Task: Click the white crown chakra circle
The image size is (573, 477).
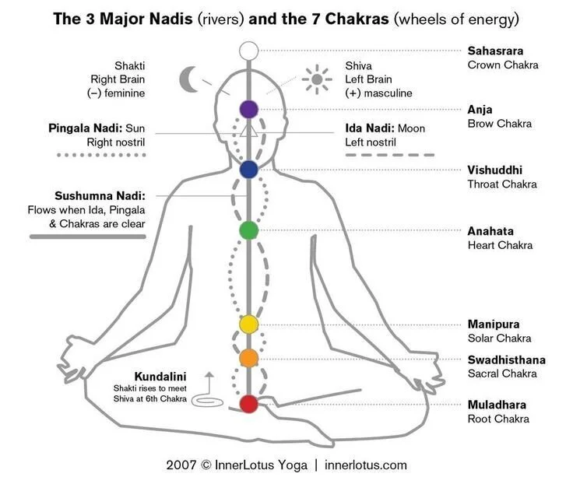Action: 248,51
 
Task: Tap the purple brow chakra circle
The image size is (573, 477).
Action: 248,109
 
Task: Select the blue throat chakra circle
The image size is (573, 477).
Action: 248,170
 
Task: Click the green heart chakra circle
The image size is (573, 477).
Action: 248,230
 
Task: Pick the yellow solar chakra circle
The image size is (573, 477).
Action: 248,324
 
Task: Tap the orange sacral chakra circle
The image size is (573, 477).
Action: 248,358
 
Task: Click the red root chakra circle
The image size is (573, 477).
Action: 248,404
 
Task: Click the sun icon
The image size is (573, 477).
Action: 316,79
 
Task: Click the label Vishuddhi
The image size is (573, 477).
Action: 494,170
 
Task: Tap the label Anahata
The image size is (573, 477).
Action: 490,231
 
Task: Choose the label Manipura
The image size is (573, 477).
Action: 494,324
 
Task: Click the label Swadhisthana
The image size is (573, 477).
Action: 506,360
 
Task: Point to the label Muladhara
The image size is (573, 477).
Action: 497,405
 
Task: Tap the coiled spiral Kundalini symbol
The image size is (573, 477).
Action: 207,402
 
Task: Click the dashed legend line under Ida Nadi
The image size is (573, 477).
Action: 390,156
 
